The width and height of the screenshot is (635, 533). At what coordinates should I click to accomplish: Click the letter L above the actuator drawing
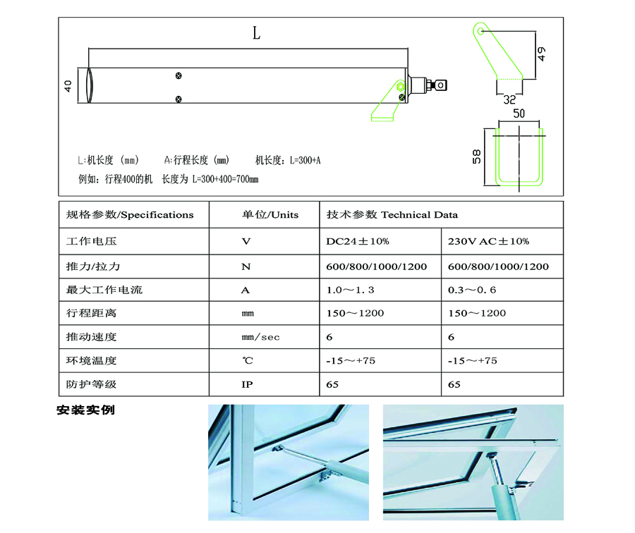click(256, 33)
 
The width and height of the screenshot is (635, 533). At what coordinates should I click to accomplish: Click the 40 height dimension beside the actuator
click(68, 86)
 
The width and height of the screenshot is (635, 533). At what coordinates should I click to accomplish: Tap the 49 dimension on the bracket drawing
click(541, 54)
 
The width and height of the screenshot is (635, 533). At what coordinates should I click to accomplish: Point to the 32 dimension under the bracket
click(509, 99)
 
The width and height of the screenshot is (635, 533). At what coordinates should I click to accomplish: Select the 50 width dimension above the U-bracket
click(519, 114)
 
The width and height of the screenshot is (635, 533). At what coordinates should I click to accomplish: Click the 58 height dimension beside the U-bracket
click(477, 157)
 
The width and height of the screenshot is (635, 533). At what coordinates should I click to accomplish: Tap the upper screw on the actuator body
click(179, 75)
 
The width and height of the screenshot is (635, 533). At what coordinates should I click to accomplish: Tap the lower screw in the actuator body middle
click(179, 99)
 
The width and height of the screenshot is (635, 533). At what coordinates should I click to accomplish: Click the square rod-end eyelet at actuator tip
click(440, 85)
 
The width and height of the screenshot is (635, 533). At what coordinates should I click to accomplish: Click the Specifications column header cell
click(134, 214)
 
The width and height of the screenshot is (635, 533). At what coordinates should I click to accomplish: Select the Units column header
click(265, 214)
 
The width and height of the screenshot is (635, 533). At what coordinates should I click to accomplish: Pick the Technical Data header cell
click(442, 214)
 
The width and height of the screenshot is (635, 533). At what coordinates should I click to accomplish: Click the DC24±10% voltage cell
click(380, 241)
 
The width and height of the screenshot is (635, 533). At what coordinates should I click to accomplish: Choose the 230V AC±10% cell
click(502, 241)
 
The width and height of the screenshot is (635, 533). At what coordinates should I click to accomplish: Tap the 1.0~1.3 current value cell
click(380, 290)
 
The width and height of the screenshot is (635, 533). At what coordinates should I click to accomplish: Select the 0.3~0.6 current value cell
click(502, 290)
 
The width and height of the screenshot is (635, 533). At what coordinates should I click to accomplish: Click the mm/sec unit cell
click(265, 337)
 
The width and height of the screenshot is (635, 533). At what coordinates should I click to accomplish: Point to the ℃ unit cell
click(265, 360)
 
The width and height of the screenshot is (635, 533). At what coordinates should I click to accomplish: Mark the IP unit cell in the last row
click(265, 384)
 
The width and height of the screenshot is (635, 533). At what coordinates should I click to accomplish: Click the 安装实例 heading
click(86, 410)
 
